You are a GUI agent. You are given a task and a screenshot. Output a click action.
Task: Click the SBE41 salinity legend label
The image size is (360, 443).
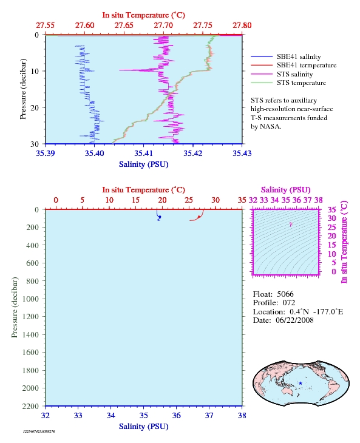point(299,57)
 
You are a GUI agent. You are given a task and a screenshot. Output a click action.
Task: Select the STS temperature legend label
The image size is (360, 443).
point(301,83)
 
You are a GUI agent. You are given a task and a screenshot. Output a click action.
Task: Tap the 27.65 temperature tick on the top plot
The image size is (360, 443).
point(124,25)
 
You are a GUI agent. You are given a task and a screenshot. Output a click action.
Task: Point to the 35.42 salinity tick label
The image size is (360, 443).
point(192,153)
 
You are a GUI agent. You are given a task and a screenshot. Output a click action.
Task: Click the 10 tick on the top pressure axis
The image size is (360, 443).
point(35,71)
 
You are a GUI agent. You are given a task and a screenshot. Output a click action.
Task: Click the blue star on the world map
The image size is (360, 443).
point(301,383)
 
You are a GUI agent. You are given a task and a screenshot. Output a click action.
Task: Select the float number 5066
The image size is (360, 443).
point(285,294)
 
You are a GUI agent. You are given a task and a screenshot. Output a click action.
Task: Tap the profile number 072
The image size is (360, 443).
point(289,303)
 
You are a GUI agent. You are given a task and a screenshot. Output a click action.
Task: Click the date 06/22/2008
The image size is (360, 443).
point(294,320)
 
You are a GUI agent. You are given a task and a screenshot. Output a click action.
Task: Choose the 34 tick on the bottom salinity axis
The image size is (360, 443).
point(110,415)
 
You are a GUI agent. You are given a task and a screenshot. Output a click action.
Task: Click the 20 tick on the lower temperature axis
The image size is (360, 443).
point(162,200)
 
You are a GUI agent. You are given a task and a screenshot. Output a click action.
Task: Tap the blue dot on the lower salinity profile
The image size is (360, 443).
point(160,217)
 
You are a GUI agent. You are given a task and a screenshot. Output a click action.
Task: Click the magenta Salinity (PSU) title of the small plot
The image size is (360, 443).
point(286,190)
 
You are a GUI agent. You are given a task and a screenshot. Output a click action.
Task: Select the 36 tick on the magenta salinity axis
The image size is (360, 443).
point(297,200)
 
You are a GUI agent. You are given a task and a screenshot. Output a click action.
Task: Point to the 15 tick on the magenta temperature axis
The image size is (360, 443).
point(331,245)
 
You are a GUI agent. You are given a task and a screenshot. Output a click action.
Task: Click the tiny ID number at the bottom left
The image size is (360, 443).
point(39,431)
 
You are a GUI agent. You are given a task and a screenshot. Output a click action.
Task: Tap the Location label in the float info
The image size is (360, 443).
point(269,312)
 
